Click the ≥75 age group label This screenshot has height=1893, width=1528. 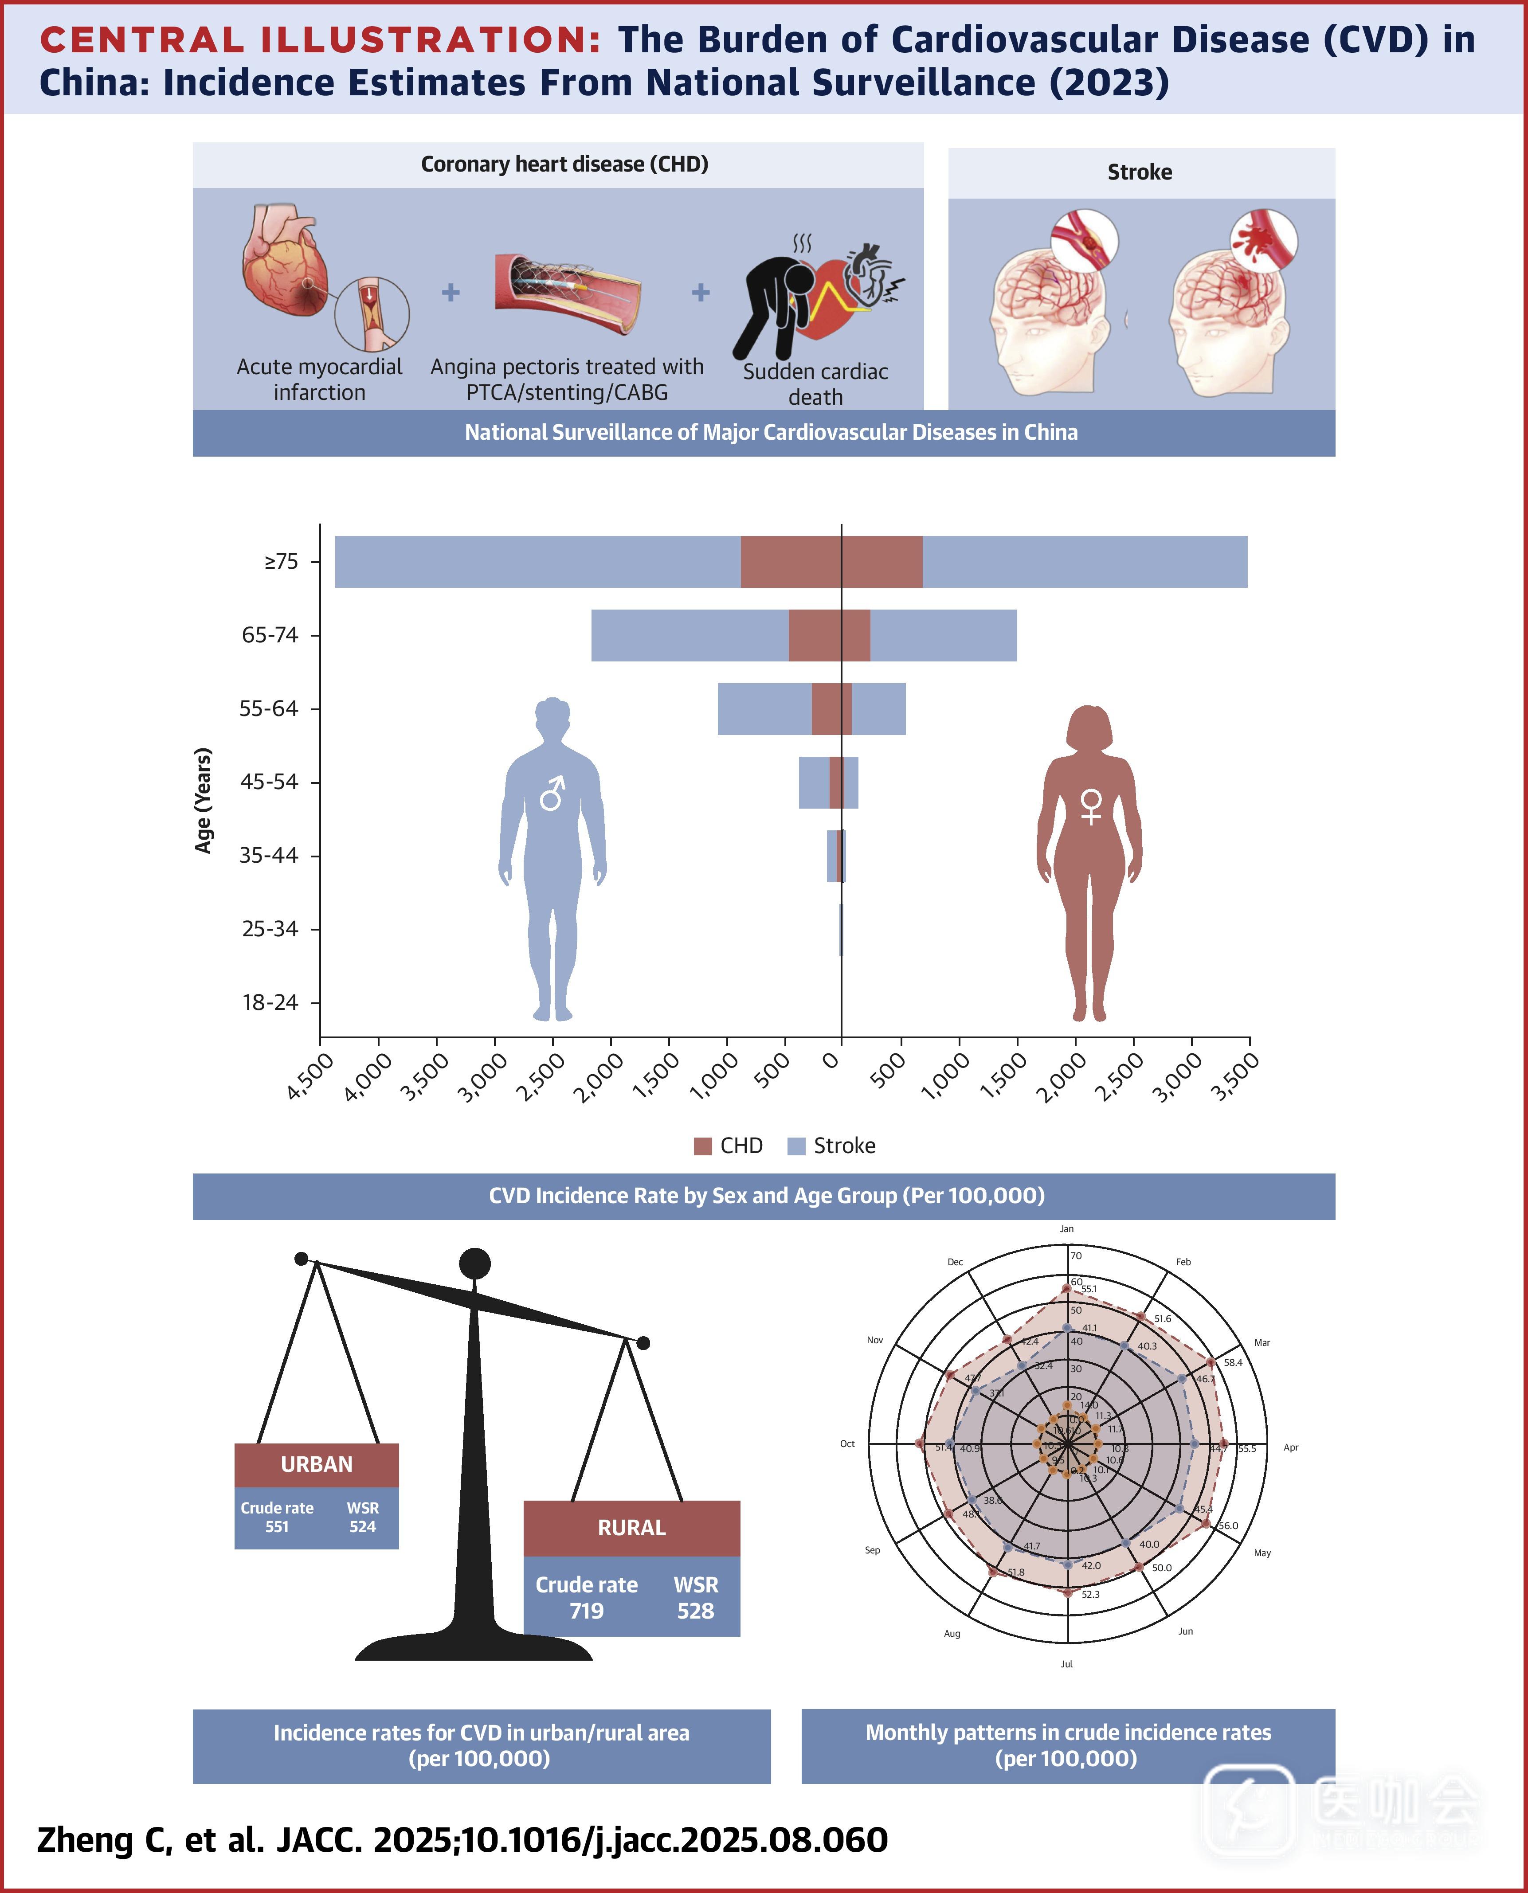[281, 562]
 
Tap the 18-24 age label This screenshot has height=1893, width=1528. [270, 1002]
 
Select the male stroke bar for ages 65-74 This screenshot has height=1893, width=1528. [689, 635]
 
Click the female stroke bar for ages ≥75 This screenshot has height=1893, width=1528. [1085, 562]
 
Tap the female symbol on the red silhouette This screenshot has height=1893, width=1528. [1090, 805]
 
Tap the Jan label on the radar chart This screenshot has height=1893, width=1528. [1067, 1228]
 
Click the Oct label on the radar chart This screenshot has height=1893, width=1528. [847, 1443]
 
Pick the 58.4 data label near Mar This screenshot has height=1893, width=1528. [1233, 1362]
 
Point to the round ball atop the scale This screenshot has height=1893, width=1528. [474, 1264]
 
